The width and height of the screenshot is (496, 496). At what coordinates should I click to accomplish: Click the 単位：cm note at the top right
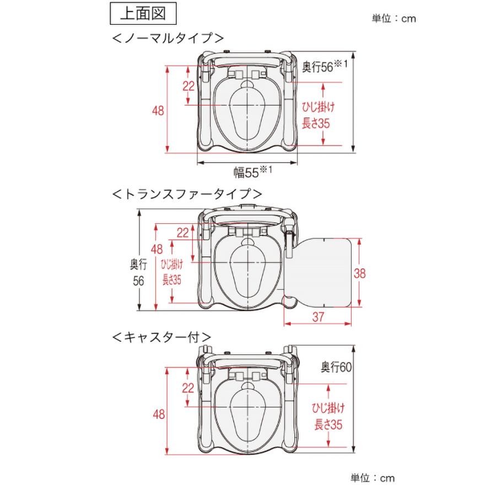click(394, 19)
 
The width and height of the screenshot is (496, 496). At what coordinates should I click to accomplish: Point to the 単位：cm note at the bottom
click(373, 478)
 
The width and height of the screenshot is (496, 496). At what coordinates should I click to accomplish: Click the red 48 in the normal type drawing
click(158, 110)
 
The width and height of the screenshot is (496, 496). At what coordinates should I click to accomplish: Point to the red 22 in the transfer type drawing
click(182, 233)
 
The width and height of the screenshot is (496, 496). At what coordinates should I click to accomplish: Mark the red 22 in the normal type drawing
click(188, 86)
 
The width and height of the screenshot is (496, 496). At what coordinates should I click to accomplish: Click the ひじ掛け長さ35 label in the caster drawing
click(330, 416)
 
